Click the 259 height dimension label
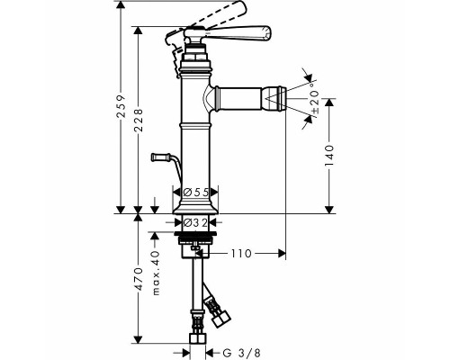[121, 105]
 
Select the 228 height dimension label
[139, 121]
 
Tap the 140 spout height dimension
[329, 156]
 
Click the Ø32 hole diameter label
[195, 222]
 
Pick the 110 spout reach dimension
[241, 254]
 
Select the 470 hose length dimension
[139, 279]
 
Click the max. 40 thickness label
[156, 273]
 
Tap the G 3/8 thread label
[239, 351]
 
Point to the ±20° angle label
[315, 98]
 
